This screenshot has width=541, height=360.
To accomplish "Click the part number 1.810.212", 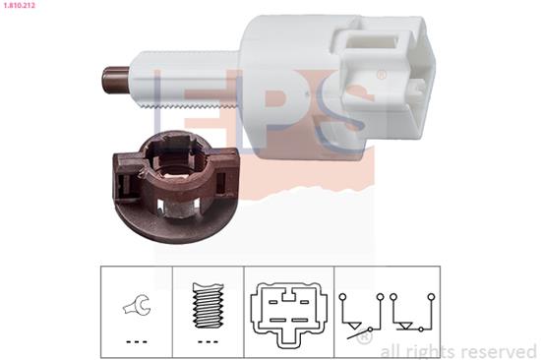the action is coord(18,5).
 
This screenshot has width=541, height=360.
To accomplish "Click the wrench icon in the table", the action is coord(137,305).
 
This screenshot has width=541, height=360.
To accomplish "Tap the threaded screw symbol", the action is coord(209,306).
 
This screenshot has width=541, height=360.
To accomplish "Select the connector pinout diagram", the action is coord(289,314).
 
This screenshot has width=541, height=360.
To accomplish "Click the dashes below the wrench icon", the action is coord(137,342).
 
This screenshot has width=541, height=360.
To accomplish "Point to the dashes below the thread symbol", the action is coord(209,342).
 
